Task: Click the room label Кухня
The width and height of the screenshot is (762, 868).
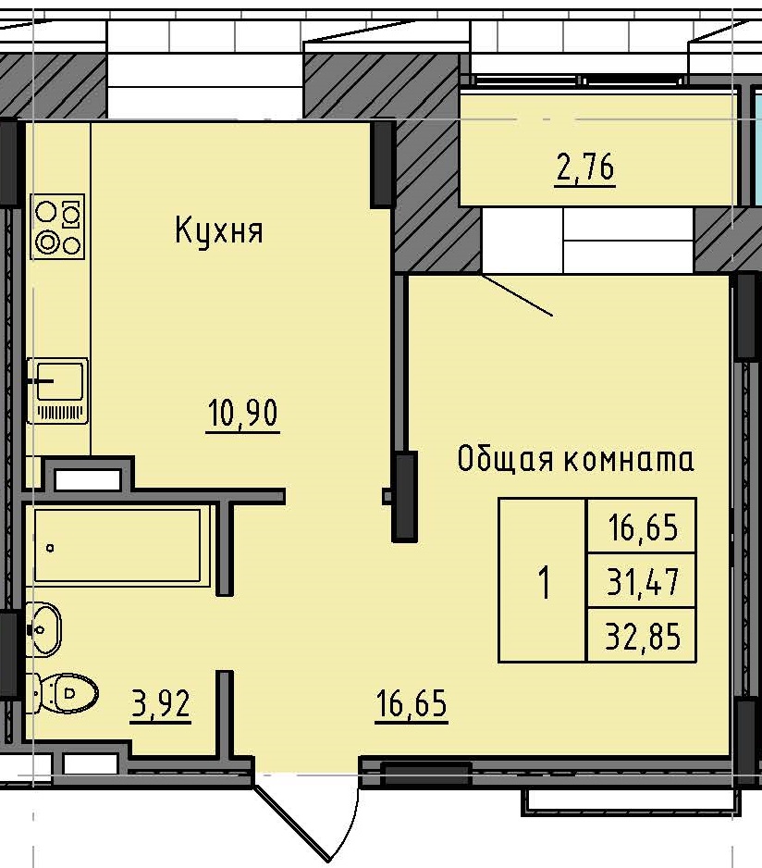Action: pyautogui.click(x=219, y=230)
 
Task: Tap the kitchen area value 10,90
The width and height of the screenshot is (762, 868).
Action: pyautogui.click(x=241, y=415)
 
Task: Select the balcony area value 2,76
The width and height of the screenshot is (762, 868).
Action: pyautogui.click(x=584, y=168)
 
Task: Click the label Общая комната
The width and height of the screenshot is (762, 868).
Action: pyautogui.click(x=575, y=459)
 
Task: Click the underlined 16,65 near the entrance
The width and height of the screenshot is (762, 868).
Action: pyautogui.click(x=411, y=705)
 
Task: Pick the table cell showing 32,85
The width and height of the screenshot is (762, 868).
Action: pyautogui.click(x=642, y=637)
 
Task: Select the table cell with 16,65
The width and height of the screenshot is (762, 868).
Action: pyautogui.click(x=642, y=528)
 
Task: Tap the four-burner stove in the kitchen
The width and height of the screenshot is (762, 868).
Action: pyautogui.click(x=58, y=227)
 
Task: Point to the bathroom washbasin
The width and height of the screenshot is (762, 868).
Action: pyautogui.click(x=43, y=629)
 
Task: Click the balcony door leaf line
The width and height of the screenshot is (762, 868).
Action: pyautogui.click(x=517, y=296)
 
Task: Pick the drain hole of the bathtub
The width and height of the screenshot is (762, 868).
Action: pyautogui.click(x=50, y=548)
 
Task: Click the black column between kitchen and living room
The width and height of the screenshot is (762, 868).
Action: pyautogui.click(x=405, y=495)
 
